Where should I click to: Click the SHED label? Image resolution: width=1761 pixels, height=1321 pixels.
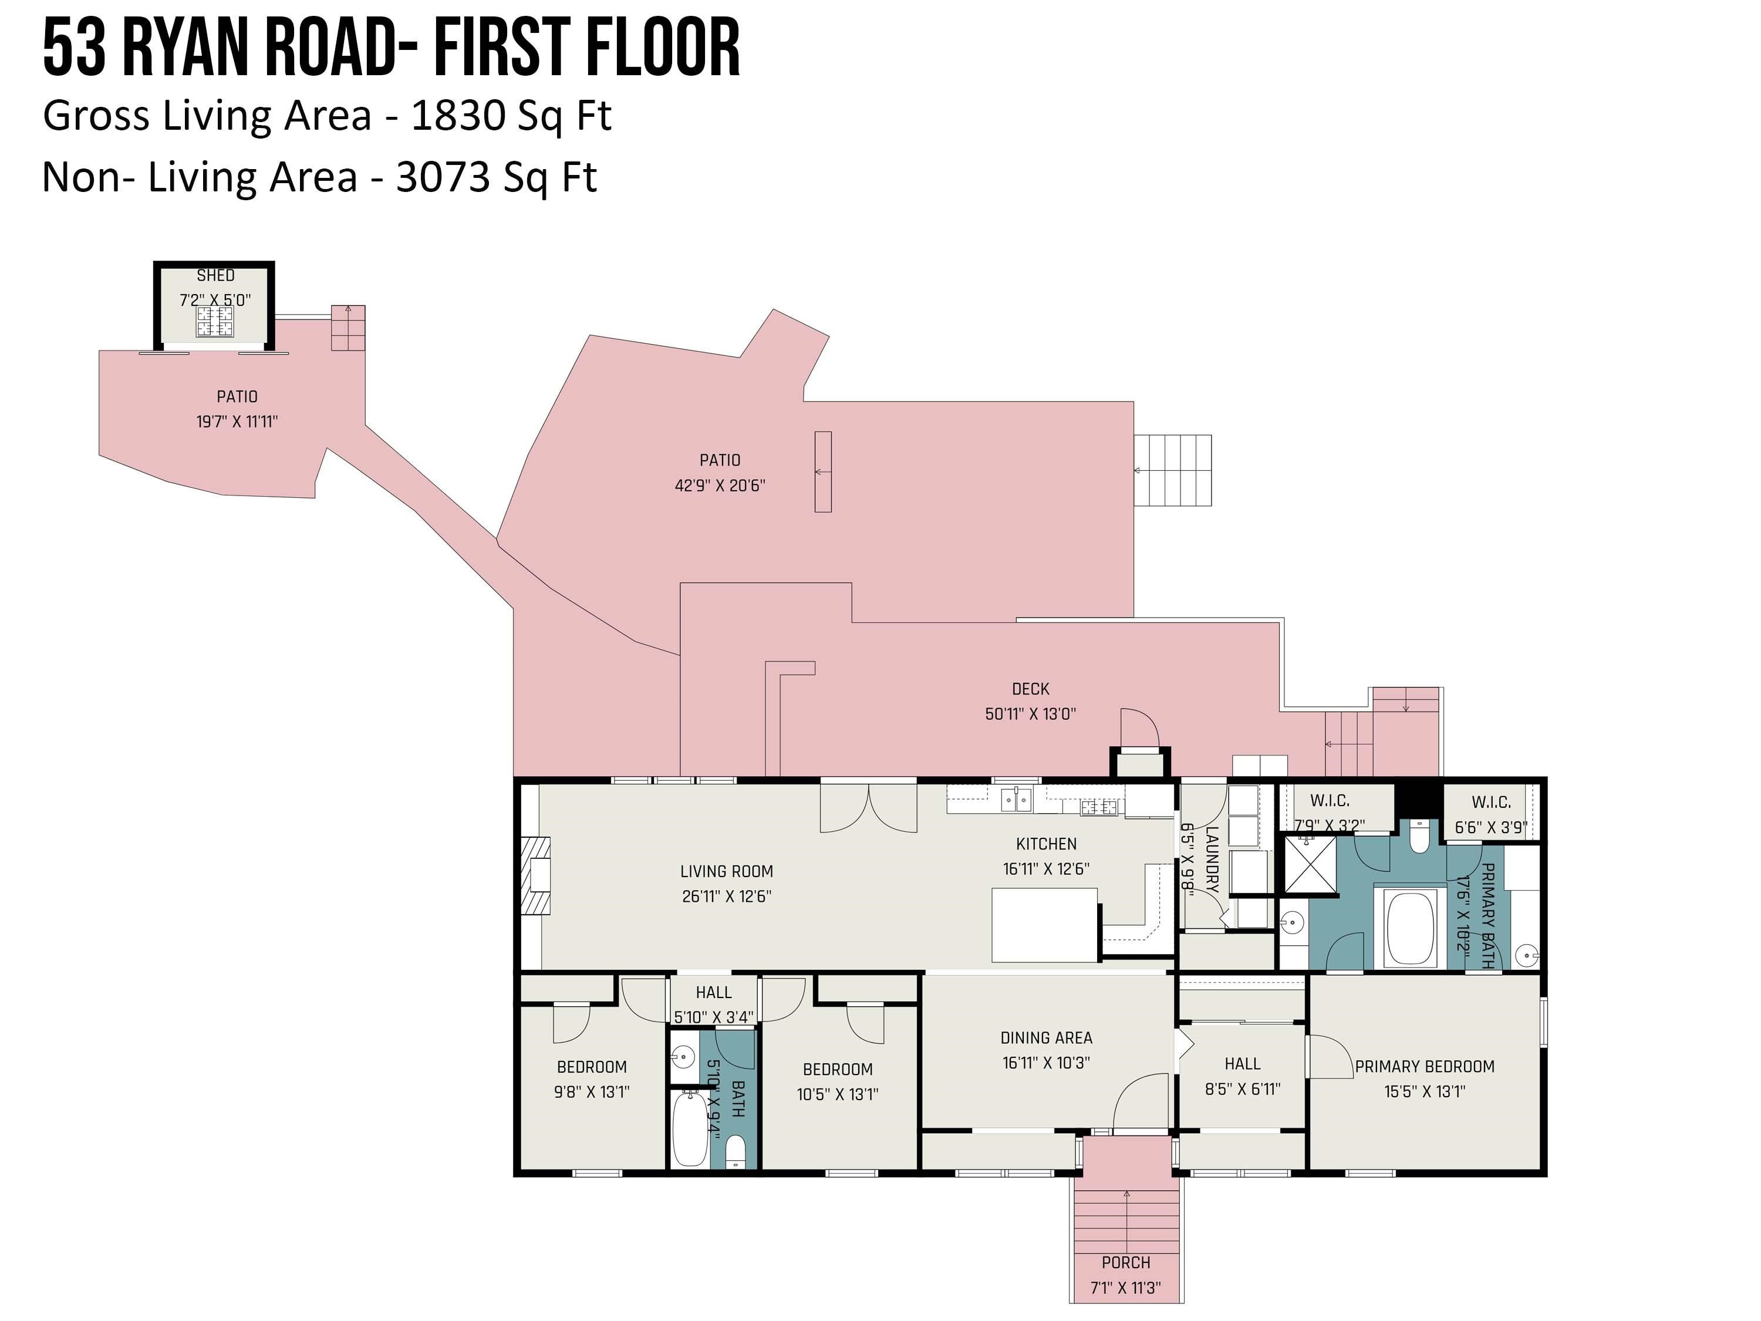[x=216, y=275]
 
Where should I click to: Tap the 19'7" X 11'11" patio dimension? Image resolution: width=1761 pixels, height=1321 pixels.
[x=237, y=421]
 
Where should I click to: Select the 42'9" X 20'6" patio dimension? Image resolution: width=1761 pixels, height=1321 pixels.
[x=720, y=485]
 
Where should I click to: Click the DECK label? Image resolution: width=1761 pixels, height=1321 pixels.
[x=1030, y=689]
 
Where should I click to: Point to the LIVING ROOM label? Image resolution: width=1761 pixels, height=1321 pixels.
[x=727, y=871]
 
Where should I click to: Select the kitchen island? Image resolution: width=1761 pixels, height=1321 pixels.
[x=1044, y=925]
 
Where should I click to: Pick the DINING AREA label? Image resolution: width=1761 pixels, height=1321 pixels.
[x=1046, y=1037]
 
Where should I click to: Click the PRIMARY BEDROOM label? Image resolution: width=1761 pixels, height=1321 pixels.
[x=1424, y=1066]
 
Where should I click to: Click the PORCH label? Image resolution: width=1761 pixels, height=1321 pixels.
[x=1126, y=1262]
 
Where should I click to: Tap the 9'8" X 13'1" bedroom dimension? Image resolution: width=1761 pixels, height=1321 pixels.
[x=592, y=1091]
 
